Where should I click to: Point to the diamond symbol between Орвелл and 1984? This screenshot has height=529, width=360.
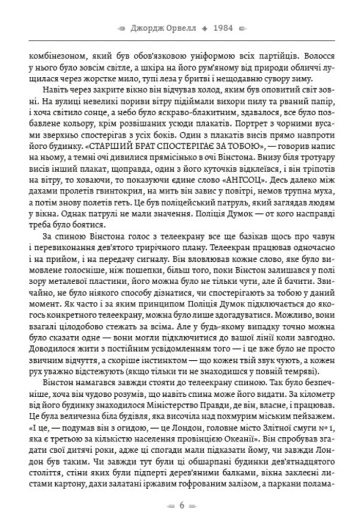[206, 28]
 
